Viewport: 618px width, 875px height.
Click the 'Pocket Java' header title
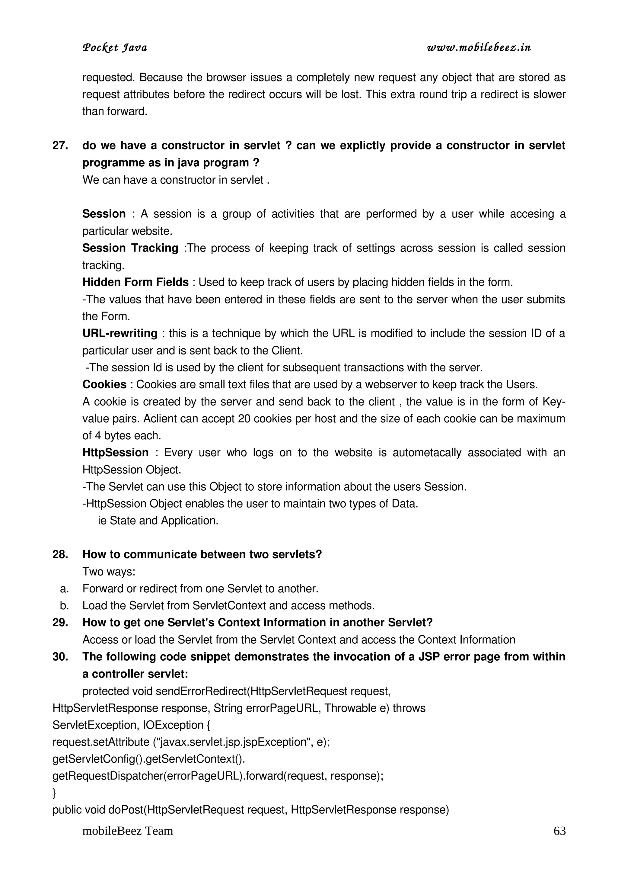coord(115,48)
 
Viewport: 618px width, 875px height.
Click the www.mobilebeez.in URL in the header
coord(479,48)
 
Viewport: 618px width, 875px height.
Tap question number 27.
coord(60,146)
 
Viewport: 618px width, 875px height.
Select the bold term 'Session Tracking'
coord(130,248)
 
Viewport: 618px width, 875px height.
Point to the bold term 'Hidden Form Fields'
coord(135,282)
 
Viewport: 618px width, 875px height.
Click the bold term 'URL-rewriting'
coord(119,333)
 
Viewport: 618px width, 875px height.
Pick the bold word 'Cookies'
coord(104,385)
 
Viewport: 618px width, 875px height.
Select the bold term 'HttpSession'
coord(115,453)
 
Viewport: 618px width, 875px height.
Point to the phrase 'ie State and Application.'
coord(158,521)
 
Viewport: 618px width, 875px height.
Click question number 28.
coord(60,554)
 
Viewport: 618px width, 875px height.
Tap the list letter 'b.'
coord(64,606)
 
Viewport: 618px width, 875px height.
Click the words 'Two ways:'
coord(109,572)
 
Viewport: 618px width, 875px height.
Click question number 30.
coord(60,657)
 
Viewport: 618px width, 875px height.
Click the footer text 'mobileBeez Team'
coord(128,831)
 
